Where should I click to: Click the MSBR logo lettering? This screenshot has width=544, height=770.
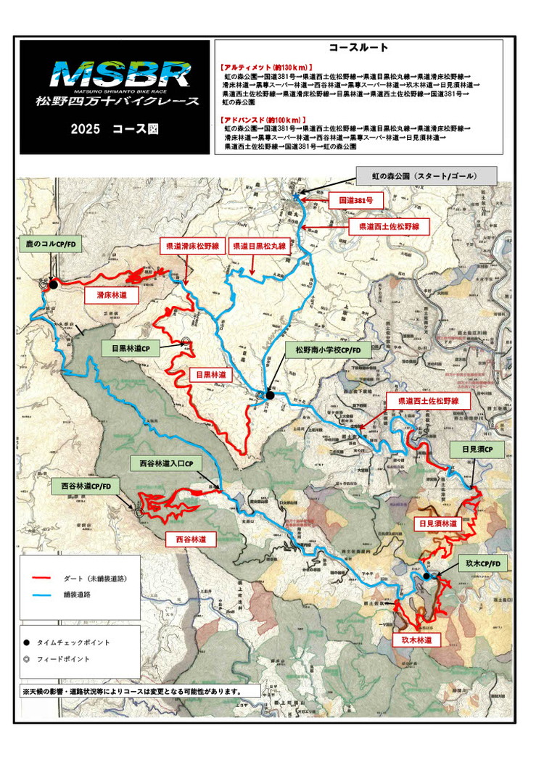point(121,74)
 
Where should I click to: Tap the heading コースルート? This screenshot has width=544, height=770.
point(358,48)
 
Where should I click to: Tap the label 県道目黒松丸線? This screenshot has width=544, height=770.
point(258,247)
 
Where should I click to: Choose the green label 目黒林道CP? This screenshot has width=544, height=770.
point(131,348)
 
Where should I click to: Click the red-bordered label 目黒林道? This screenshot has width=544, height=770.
point(212,376)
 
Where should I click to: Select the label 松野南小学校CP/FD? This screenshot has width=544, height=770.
point(328,350)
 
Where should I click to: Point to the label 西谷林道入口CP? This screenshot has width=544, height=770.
point(167,463)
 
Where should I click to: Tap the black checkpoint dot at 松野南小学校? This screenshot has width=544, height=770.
point(270,395)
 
